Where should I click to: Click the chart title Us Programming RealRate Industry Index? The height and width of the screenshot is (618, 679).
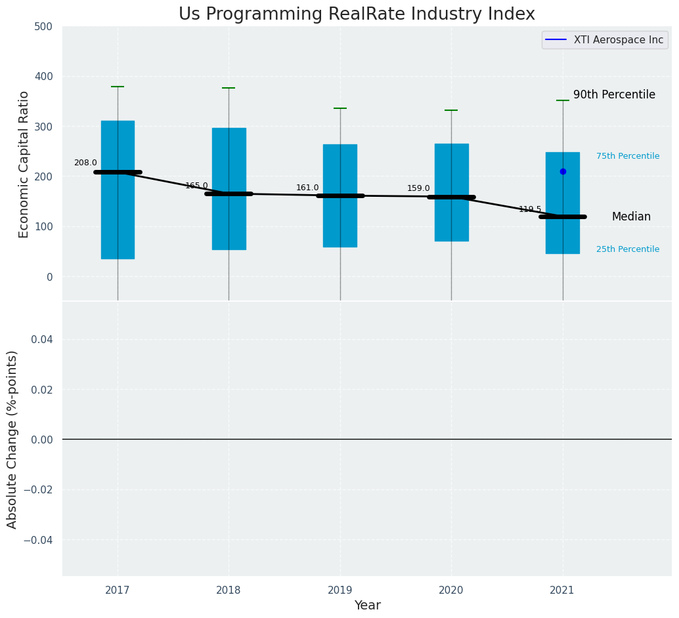tap(357, 14)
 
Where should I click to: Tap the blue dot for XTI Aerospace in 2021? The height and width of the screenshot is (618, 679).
tap(563, 171)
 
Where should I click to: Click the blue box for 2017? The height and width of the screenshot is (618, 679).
tap(118, 190)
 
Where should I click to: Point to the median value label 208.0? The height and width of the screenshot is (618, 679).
tap(85, 163)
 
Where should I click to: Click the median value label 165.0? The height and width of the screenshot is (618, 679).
tap(196, 186)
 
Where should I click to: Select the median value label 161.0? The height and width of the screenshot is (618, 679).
tap(307, 188)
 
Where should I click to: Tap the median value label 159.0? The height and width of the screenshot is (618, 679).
tap(418, 188)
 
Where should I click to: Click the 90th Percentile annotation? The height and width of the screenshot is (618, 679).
tap(614, 95)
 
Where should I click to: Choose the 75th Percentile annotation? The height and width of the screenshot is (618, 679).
tap(628, 156)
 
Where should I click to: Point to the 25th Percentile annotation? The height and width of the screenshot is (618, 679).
tap(628, 249)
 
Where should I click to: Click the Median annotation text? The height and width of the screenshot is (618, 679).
tap(631, 217)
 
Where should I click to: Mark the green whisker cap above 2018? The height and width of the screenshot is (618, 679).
tap(229, 88)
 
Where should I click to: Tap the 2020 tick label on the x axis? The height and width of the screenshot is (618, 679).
tap(451, 590)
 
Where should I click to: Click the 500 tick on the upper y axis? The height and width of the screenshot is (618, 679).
tap(43, 27)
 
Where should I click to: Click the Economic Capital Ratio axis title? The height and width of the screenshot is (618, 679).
tap(24, 164)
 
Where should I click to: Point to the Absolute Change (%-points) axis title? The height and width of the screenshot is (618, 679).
tap(12, 439)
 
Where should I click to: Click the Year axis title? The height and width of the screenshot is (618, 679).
tap(367, 606)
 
